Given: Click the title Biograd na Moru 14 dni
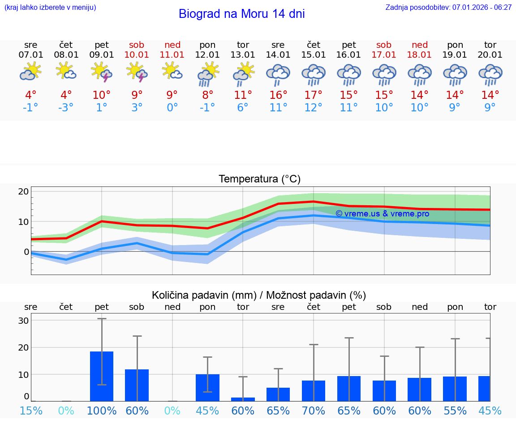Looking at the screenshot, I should coord(241,14).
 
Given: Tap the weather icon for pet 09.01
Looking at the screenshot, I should coord(102,72).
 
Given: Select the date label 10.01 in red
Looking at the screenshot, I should coord(137,55).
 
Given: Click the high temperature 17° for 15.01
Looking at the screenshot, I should coord(314,95).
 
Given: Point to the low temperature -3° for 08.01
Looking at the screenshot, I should coord(66,108).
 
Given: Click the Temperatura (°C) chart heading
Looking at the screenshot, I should coord(259,179).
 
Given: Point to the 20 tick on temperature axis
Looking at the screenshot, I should coord(23,192).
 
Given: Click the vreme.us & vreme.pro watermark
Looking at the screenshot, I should coord(382,214).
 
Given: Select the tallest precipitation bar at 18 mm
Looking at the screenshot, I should coord(102,376).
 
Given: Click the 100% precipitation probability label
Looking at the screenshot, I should coord(102,411).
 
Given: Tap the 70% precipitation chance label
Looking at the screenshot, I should coord(314,411).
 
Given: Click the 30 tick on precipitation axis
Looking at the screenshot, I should coord(23,321).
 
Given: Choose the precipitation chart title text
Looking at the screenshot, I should coord(259,295).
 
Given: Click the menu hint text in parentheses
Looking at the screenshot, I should coord(50,7).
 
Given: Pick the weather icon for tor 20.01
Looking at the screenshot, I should coord(490,74).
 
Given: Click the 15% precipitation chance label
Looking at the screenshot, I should coord(31,411).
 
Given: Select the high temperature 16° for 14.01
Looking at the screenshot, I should coord(278,95).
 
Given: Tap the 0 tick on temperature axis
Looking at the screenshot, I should coord(26,252).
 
